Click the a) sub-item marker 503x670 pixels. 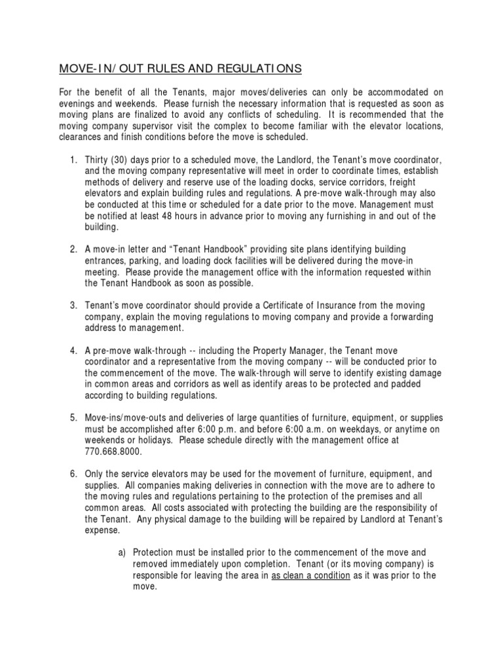(x=122, y=552)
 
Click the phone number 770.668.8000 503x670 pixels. (x=113, y=451)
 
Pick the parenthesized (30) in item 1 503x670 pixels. (x=123, y=161)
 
